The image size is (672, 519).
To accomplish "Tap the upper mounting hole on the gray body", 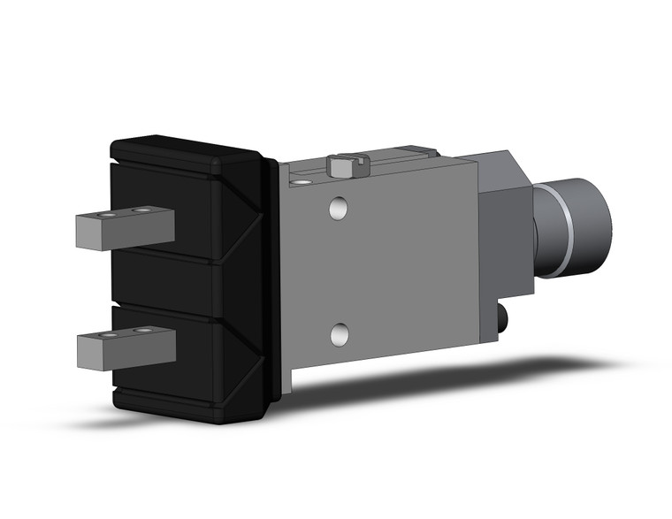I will point(338,209).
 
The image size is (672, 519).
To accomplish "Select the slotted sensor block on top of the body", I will point(347,164).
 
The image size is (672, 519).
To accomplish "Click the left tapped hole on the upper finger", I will point(106,215).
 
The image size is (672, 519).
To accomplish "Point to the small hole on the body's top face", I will point(302,181).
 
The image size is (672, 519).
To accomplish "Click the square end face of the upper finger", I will point(86,233).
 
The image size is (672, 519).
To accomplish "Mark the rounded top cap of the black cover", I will point(186,150).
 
